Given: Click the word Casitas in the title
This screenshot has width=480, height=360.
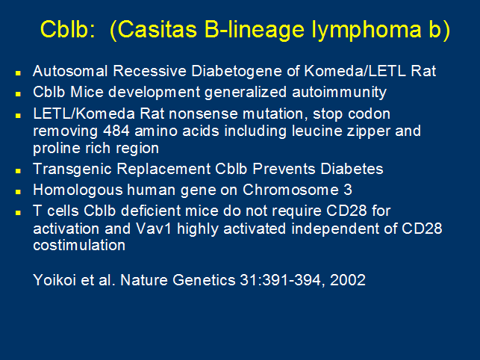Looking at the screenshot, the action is click(x=157, y=29).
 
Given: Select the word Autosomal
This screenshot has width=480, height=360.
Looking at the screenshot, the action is click(x=70, y=71).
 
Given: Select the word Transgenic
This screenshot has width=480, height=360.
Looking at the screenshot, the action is click(x=72, y=170).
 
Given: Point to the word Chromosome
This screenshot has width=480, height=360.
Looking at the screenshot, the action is click(x=290, y=190).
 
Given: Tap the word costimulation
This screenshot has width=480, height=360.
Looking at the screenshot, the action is click(x=79, y=245).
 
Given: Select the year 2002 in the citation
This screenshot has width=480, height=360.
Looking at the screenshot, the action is click(x=348, y=280).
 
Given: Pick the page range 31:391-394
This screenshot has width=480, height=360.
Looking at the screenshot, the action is click(x=280, y=280).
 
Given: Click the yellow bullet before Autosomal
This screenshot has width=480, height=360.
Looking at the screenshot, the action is click(x=18, y=73).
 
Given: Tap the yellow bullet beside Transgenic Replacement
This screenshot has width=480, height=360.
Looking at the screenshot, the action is click(x=18, y=170).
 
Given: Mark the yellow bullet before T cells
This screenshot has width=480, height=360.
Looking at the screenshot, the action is click(x=18, y=213).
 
